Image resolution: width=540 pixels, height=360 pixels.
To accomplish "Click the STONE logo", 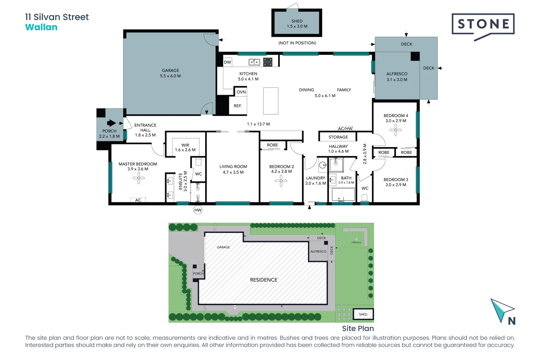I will click(x=483, y=24).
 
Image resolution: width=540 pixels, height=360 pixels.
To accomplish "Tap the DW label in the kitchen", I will click(x=227, y=62).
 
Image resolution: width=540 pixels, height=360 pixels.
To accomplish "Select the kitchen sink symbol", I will click(x=254, y=62).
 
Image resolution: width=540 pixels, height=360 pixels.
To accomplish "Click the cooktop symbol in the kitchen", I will click(x=268, y=62).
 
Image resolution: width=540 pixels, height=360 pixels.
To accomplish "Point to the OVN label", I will click(x=241, y=92).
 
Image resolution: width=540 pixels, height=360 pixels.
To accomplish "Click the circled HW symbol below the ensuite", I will click(x=198, y=210).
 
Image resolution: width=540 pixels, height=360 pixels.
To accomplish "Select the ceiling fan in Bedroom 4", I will click(x=396, y=130).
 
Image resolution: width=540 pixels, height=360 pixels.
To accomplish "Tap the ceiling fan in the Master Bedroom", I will click(x=139, y=178).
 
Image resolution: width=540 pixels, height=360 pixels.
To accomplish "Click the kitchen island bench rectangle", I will click(x=271, y=101).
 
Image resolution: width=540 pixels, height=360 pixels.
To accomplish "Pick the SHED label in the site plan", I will click(x=363, y=314).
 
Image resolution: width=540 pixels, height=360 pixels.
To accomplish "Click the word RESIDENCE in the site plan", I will click(x=264, y=280).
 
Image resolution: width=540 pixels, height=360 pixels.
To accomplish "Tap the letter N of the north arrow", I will click(x=512, y=321).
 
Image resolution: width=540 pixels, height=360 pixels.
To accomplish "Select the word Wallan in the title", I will click(x=41, y=27).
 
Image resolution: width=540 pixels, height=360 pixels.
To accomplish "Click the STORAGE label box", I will click(x=338, y=137).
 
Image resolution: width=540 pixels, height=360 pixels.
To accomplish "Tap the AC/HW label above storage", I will click(x=345, y=129).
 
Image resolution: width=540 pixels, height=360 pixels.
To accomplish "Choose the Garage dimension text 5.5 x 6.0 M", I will click(x=170, y=76).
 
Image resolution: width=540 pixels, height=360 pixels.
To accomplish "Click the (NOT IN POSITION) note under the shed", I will click(x=297, y=43).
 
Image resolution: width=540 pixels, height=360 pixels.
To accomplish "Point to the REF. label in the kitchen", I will click(x=237, y=106).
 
